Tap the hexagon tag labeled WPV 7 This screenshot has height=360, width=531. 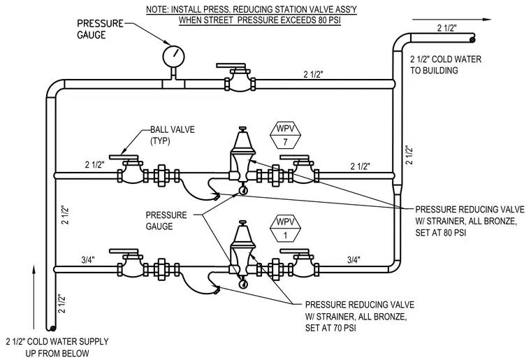coord(285,135)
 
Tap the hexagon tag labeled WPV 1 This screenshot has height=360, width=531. coord(285,229)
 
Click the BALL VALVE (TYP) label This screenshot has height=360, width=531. coord(173,135)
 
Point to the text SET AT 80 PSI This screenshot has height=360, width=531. coord(441,233)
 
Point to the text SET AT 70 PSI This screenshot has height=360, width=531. coord(330,328)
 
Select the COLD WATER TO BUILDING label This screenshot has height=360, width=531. coord(446,65)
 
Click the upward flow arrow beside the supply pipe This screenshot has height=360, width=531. coord(34,297)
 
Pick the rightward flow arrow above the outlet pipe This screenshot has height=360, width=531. coord(451,20)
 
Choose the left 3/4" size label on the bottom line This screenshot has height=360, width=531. coord(88,260)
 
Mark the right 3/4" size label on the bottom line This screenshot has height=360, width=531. coord(354,260)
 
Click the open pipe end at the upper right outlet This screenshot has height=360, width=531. coord(472,40)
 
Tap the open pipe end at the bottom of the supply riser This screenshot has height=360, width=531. coord(52,328)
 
